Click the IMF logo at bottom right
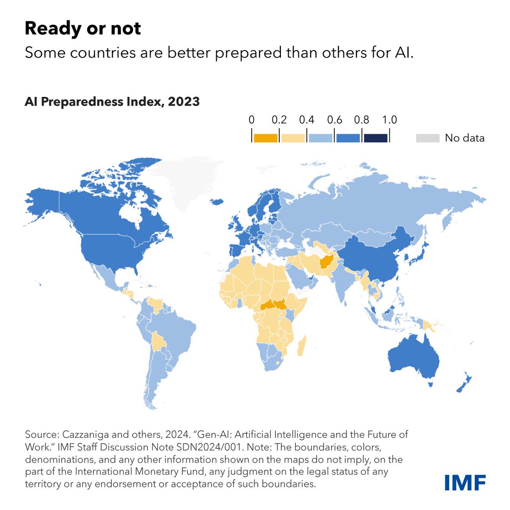coord(465,482)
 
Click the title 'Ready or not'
coord(83,28)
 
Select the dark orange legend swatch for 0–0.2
coord(265,138)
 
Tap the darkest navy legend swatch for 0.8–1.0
coord(375,138)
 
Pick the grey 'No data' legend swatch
coord(427,138)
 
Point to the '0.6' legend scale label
coord(334,120)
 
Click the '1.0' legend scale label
coord(389,120)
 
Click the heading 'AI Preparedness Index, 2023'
coord(112,102)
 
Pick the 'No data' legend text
coord(464,138)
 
